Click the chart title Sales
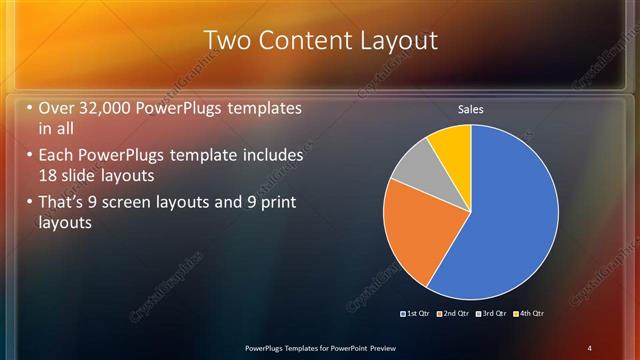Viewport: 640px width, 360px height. tap(471, 108)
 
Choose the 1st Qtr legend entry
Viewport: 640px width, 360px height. tap(419, 313)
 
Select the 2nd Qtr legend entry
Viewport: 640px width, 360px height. tap(456, 313)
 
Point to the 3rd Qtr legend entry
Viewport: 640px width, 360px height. tap(493, 313)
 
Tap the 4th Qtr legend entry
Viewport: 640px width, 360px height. tap(530, 313)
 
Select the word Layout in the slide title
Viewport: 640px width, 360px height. tap(397, 41)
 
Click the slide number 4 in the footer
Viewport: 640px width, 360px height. tap(589, 347)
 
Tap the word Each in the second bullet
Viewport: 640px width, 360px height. tap(57, 158)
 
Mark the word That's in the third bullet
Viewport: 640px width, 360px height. tap(66, 204)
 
